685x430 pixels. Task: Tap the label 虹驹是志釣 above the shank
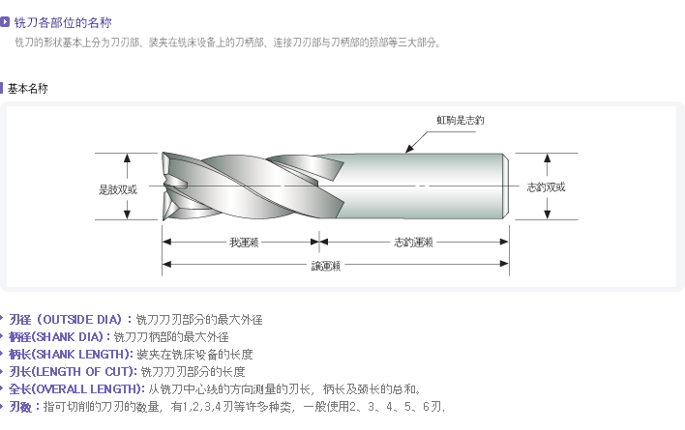(460, 120)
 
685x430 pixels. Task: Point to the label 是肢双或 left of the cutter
(117, 188)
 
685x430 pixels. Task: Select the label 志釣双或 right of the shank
(545, 187)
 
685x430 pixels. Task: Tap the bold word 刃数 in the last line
(20, 407)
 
